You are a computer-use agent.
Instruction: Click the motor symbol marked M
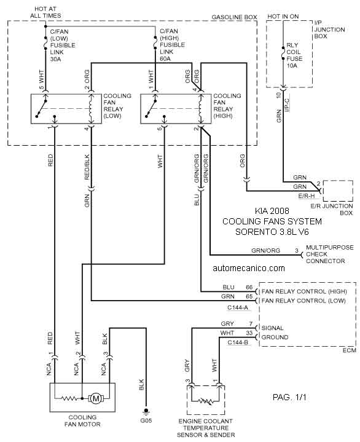(96, 398)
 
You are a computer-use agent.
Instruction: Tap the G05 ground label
(146, 420)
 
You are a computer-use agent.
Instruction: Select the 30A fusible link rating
(55, 59)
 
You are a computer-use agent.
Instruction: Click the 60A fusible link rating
(165, 59)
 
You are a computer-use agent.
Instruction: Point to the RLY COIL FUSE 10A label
(294, 55)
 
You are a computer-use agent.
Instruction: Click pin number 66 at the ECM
(249, 287)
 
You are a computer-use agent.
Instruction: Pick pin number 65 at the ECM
(249, 296)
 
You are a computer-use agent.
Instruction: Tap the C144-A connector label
(238, 307)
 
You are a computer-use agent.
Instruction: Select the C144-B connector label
(238, 342)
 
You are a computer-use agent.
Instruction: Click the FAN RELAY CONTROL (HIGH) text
(304, 291)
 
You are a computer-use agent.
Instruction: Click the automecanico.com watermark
(249, 268)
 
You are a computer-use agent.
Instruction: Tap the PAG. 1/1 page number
(289, 397)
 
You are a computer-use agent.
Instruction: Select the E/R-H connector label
(307, 195)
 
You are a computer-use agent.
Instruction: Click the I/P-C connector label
(287, 105)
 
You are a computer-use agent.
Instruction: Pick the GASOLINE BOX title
(234, 17)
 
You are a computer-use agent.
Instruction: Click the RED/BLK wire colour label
(87, 167)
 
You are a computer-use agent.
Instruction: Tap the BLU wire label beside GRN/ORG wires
(197, 199)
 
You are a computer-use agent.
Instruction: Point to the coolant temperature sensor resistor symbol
(205, 401)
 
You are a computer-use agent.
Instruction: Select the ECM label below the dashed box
(350, 350)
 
